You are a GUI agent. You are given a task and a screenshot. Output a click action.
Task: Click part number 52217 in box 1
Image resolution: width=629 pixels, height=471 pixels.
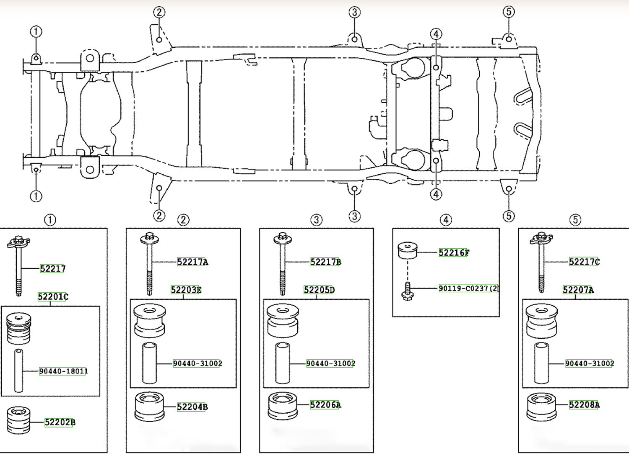pyautogui.click(x=52, y=269)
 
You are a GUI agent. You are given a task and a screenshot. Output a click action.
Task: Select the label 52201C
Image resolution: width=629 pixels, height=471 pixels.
pyautogui.click(x=53, y=297)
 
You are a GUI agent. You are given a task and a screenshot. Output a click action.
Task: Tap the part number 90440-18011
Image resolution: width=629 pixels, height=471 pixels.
pyautogui.click(x=63, y=371)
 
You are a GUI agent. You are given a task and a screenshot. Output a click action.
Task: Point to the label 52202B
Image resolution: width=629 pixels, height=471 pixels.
pyautogui.click(x=60, y=422)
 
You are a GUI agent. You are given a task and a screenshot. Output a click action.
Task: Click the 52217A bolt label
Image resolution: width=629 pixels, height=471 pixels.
pyautogui.click(x=192, y=262)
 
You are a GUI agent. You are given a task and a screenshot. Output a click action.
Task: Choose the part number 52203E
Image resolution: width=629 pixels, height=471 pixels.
pyautogui.click(x=186, y=290)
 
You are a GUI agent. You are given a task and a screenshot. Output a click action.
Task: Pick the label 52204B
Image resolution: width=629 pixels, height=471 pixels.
pyautogui.click(x=192, y=407)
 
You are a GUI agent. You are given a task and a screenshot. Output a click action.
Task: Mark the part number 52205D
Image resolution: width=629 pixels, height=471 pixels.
pyautogui.click(x=319, y=290)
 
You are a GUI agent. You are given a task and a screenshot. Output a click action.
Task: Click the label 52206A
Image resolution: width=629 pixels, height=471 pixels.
pyautogui.click(x=325, y=405)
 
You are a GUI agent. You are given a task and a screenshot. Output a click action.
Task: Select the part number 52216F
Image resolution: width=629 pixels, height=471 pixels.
pyautogui.click(x=454, y=252)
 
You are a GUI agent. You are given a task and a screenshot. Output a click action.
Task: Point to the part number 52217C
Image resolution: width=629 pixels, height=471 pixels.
pyautogui.click(x=584, y=262)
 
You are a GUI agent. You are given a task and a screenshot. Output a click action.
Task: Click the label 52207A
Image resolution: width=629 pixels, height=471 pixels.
pyautogui.click(x=578, y=290)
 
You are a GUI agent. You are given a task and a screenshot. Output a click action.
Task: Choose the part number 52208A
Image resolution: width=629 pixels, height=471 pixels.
pyautogui.click(x=584, y=404)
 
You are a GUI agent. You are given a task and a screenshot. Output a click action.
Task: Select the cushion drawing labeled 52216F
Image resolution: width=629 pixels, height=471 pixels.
pyautogui.click(x=407, y=250)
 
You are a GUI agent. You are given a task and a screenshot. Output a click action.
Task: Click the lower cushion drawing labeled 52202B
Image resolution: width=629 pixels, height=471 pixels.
pyautogui.click(x=19, y=420)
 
